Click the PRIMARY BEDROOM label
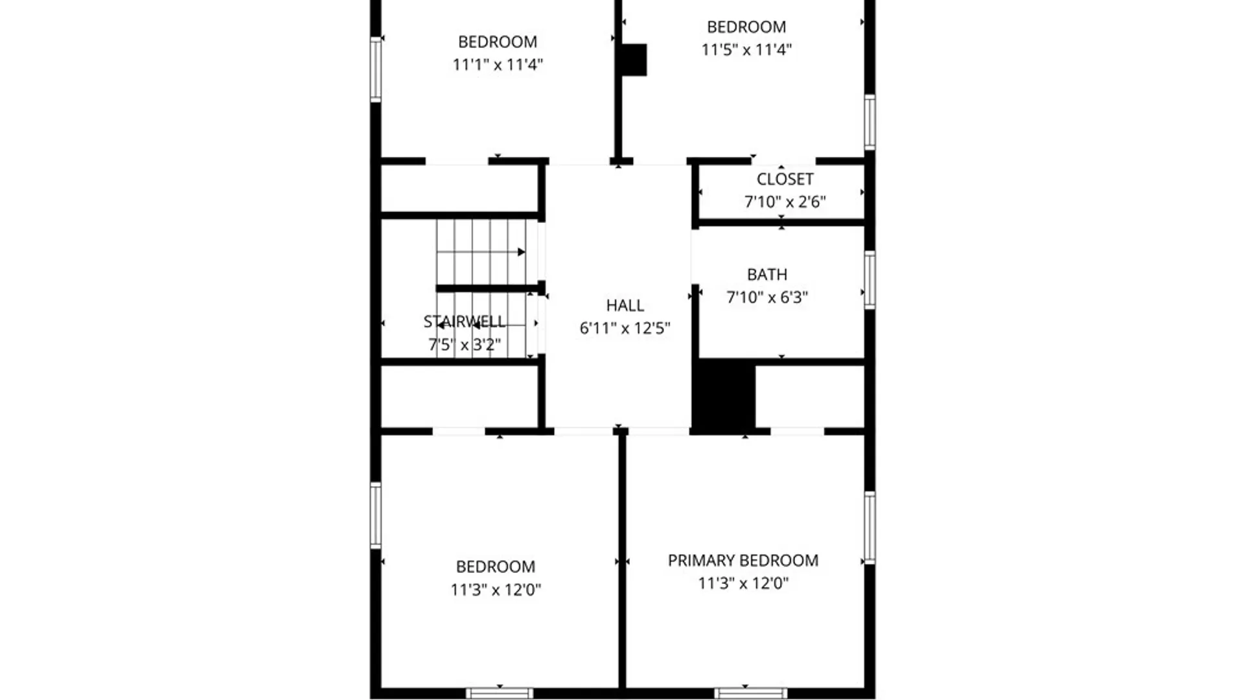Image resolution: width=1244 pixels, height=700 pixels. coord(743,561)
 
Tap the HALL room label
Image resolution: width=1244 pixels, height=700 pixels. coord(625,305)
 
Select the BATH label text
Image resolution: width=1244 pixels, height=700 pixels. coord(767,275)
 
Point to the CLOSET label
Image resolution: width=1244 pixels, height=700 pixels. coord(785,179)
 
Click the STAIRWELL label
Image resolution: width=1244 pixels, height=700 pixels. coord(465,321)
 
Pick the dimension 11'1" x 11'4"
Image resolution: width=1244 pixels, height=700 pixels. coord(498,65)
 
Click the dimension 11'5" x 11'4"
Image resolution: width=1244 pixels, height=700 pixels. coord(746,50)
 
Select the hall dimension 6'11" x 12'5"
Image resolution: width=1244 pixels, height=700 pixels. coord(625,328)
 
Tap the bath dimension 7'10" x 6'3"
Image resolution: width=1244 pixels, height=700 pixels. coord(767,297)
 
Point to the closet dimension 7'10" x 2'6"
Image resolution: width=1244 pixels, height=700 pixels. coord(785,202)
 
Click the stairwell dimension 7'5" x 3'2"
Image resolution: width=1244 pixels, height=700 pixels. coord(465,344)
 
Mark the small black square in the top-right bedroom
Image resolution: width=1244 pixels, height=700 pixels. coord(634,60)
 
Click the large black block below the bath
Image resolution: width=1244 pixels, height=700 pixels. coord(724,395)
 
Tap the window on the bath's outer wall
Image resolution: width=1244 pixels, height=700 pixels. coord(870,280)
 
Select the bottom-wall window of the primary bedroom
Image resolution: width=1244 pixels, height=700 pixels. coord(750,694)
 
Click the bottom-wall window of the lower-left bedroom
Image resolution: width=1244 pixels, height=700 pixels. coord(500,694)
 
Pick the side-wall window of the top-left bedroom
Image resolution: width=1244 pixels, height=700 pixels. coord(375,69)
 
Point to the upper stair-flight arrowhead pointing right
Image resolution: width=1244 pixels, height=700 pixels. coord(522,252)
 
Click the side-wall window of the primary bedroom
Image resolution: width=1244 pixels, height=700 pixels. coord(870,528)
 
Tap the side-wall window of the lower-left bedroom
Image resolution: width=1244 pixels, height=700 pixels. coord(375,515)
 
